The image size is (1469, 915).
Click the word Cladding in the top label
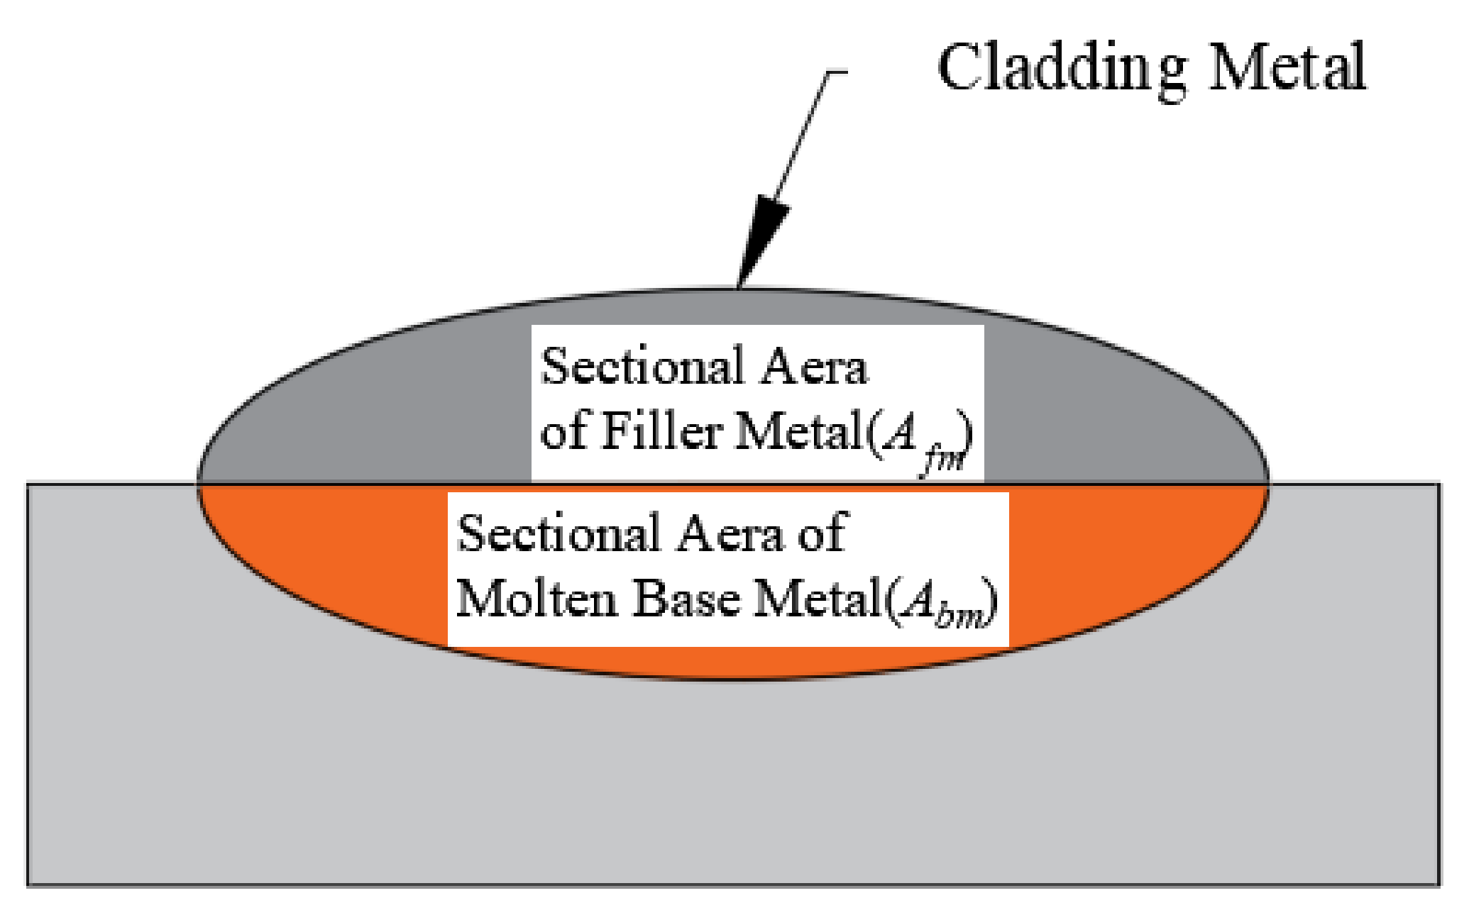pos(1061,69)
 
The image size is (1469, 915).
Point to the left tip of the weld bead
pos(200,484)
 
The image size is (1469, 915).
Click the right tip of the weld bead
pos(1267,484)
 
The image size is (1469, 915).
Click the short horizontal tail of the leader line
pos(837,72)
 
